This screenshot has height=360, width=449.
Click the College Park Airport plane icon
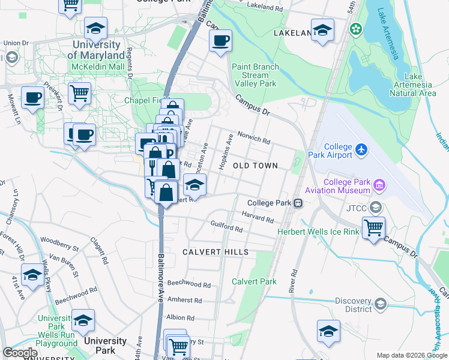[x=360, y=148]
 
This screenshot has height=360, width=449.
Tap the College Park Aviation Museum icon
[x=379, y=185]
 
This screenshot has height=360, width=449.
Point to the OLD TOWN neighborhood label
[x=255, y=166]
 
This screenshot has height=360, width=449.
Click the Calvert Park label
[x=254, y=281]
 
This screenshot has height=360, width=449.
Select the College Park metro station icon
[x=297, y=203]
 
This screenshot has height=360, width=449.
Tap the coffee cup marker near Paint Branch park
[x=220, y=41]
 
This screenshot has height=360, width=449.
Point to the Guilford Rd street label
[x=226, y=229]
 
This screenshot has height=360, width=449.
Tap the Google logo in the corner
[x=20, y=353]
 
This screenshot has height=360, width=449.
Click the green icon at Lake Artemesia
[x=355, y=28]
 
